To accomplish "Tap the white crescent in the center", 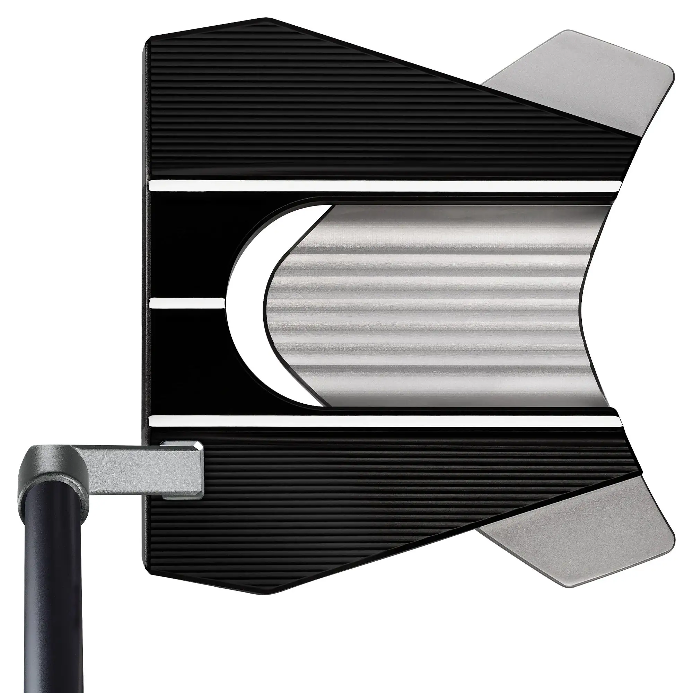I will tap(247, 305).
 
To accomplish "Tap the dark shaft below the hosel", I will tap(54, 592).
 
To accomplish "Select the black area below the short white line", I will tap(186, 359).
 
